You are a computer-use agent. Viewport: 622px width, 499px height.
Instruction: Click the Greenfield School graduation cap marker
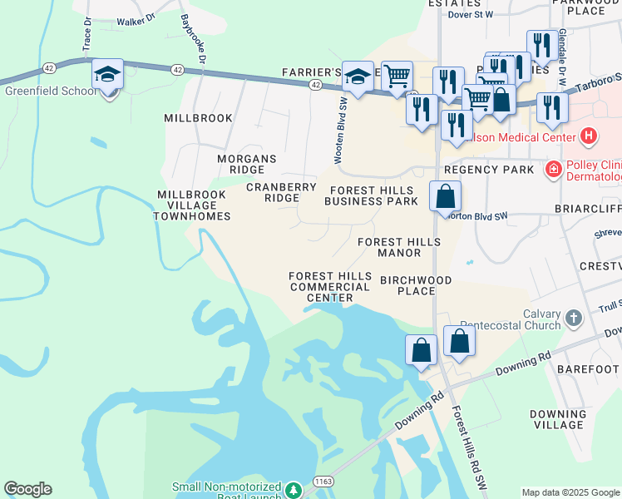coord(108,75)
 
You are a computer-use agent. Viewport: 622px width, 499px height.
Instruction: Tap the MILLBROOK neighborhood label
coord(198,118)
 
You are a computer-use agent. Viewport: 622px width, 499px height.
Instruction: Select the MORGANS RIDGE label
coord(246,164)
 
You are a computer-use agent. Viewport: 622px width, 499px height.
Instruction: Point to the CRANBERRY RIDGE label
coord(281,193)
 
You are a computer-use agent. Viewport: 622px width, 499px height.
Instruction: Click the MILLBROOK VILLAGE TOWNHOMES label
coord(192,205)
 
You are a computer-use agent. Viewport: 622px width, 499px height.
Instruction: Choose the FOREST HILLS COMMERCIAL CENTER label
coord(329,287)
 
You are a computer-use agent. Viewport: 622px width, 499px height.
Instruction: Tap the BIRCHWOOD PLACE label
coord(416,285)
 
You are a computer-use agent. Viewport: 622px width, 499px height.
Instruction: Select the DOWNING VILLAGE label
coord(557,419)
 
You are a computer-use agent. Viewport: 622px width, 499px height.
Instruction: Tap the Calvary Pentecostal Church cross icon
coord(573,318)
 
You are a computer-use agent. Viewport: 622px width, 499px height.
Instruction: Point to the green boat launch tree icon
coord(293,490)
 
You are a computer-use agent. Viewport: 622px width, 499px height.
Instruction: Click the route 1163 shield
coord(324,482)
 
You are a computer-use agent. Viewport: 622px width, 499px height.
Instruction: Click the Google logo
coord(27,489)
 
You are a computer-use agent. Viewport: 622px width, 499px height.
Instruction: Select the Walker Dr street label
coord(137,21)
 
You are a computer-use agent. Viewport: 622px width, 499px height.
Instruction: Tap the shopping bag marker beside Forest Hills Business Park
coord(446,198)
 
